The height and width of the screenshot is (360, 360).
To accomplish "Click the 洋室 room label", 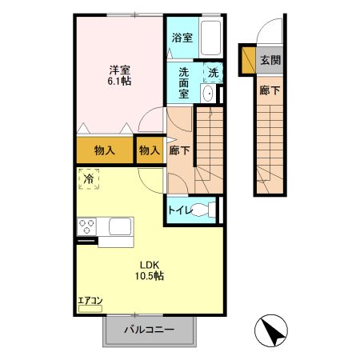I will (121, 69).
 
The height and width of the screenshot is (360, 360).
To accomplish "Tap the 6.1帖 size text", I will (121, 82).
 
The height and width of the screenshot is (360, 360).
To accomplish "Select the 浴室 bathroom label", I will (182, 37).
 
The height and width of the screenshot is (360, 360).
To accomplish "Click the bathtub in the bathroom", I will (212, 38).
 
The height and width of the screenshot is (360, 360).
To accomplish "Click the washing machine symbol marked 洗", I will (213, 71).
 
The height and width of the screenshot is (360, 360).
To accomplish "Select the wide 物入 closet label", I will (105, 150).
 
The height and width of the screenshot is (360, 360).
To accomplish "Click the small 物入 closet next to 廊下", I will (149, 150).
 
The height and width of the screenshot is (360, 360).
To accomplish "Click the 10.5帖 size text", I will (149, 277).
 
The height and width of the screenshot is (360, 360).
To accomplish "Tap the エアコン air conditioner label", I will (89, 302).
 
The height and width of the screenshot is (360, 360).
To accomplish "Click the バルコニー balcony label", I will (149, 330).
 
